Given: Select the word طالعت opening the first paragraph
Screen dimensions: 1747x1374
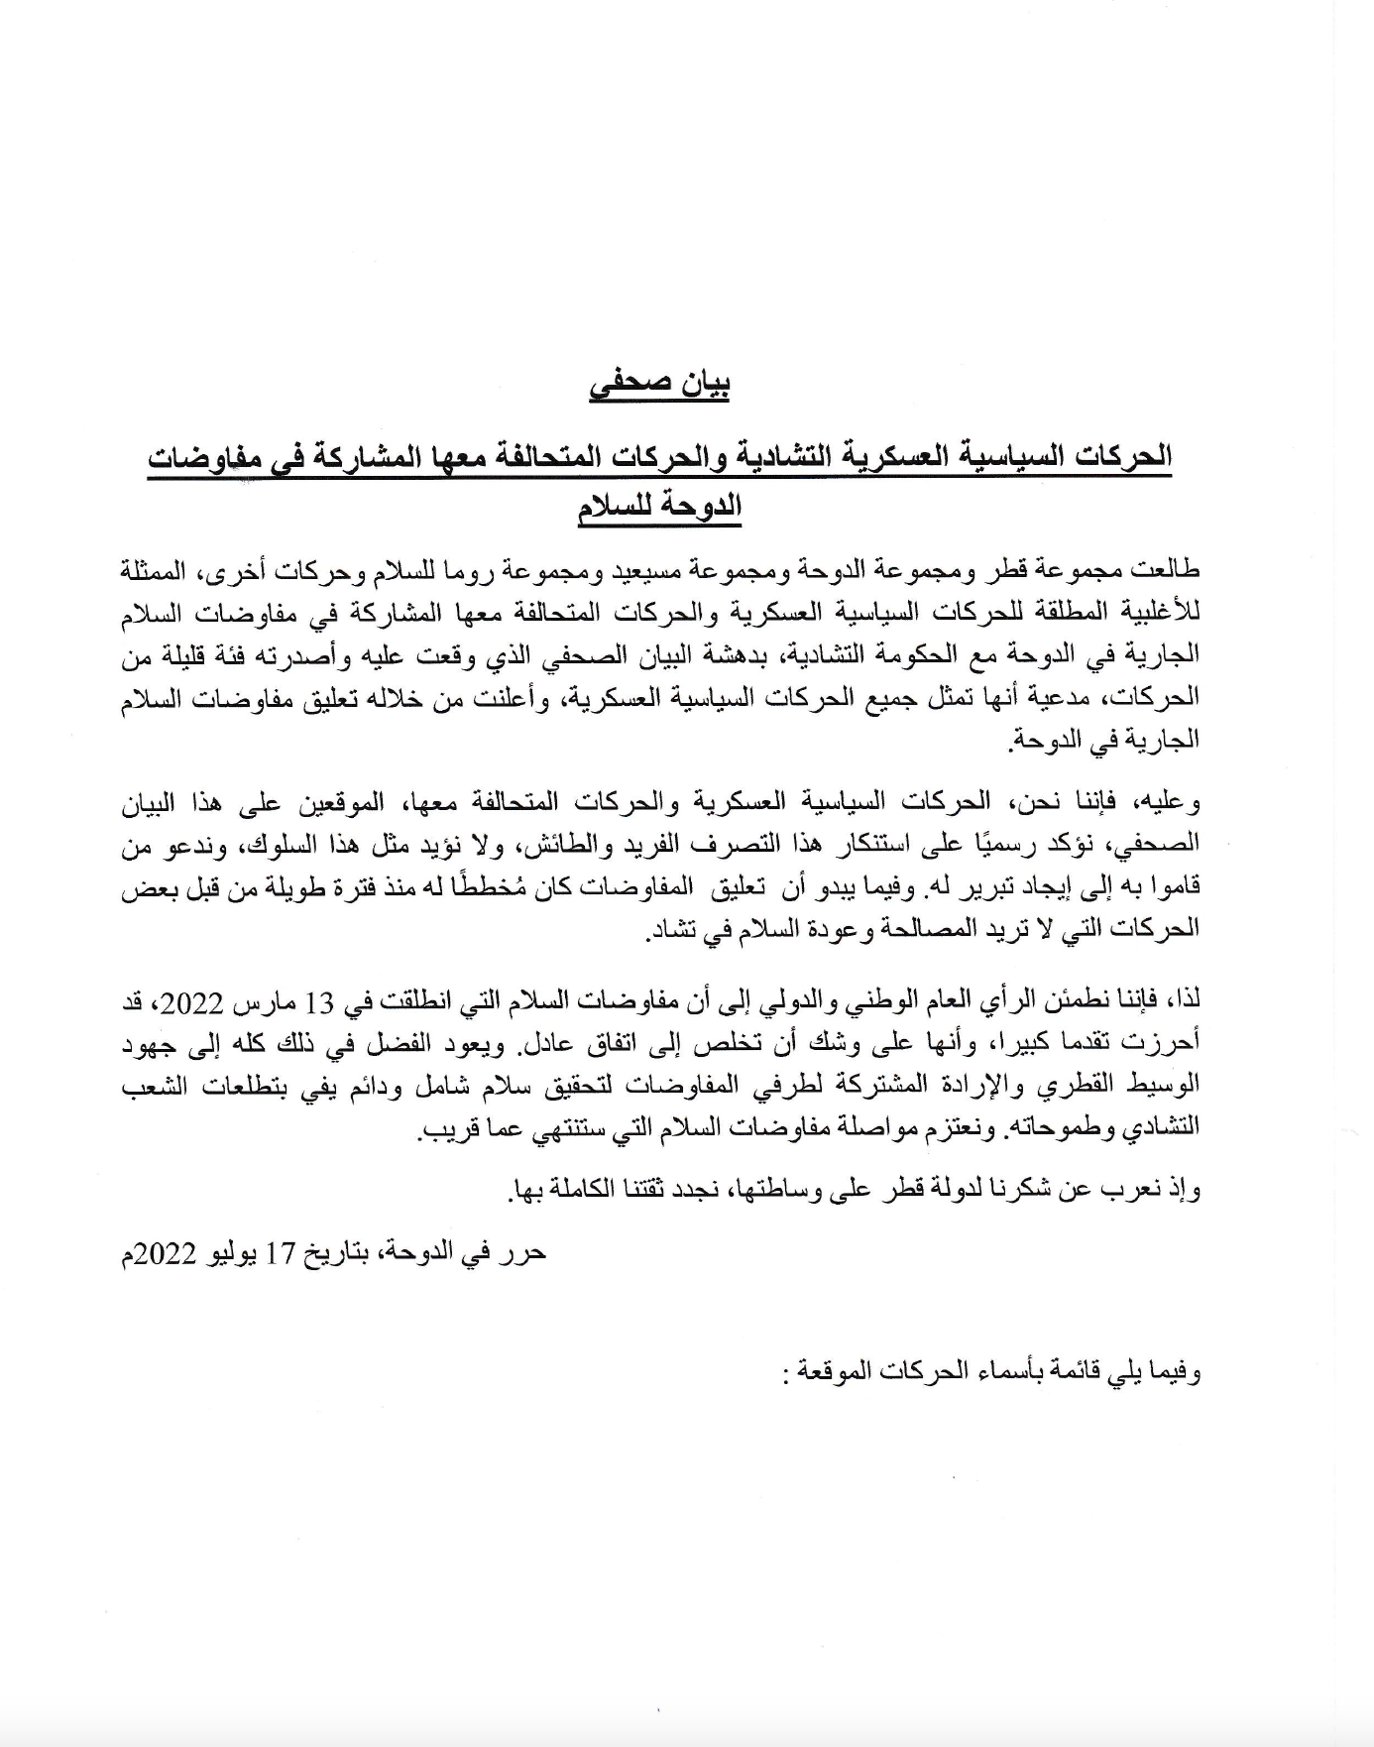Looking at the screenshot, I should click(1167, 571).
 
